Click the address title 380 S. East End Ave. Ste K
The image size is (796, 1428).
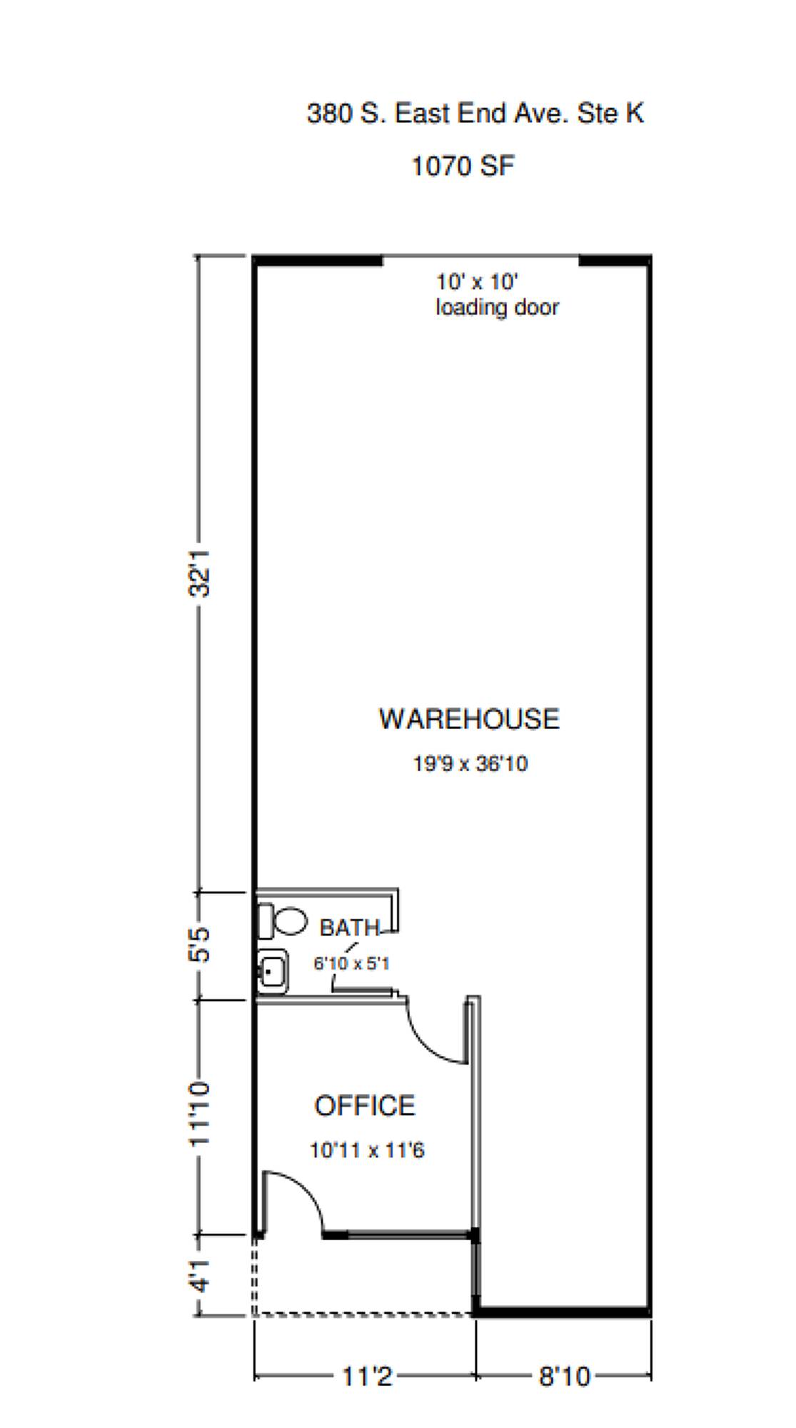[x=475, y=113]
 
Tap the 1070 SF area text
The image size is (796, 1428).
[x=463, y=166]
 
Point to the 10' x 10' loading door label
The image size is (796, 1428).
[x=498, y=294]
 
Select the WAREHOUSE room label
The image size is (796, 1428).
[x=469, y=718]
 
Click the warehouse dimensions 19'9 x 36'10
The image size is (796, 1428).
[x=470, y=763]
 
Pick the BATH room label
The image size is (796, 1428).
[x=349, y=927]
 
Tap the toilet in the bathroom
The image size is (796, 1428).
[x=283, y=920]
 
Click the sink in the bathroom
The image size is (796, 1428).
[x=272, y=971]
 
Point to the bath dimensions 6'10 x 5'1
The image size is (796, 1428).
[x=351, y=963]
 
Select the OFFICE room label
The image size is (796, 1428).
[x=365, y=1106]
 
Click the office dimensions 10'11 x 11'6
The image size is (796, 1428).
[x=367, y=1150]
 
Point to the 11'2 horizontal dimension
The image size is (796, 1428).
[x=367, y=1377]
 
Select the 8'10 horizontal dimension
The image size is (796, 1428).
[x=565, y=1377]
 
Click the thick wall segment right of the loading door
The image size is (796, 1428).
[x=615, y=261]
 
